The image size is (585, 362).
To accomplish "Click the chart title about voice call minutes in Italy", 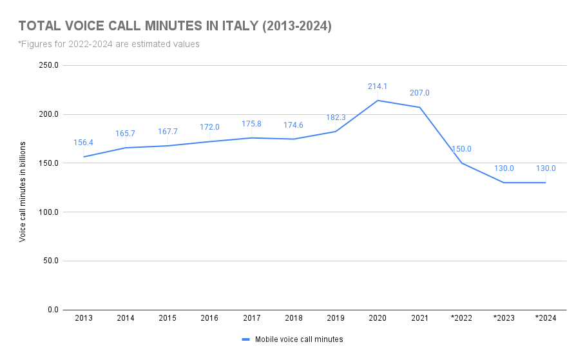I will tap(175, 26).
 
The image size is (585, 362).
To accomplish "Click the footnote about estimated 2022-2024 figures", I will tap(109, 45).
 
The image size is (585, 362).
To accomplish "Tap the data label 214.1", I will tap(378, 86).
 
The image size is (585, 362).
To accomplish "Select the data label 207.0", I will tap(419, 93).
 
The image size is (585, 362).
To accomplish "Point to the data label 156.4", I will tap(84, 143).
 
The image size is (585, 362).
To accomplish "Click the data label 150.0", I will tap(461, 149).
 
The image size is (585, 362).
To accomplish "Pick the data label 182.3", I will tap(336, 117).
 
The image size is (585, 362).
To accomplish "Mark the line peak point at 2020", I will tap(378, 100).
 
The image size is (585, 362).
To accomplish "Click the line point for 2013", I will tap(84, 157).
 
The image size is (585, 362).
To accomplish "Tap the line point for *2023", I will tap(504, 183).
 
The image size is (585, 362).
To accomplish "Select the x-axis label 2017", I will tap(251, 318).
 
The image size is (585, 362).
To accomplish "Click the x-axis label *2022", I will tap(461, 318).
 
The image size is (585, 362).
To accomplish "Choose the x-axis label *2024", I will tap(546, 318).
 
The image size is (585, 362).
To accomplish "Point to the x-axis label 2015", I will tap(168, 318).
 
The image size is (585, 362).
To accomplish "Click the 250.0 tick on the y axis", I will tap(49, 65).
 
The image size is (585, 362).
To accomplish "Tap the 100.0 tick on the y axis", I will tap(49, 212).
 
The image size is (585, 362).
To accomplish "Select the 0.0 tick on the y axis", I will tap(53, 310).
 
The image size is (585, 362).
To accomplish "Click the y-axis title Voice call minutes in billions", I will tap(23, 191).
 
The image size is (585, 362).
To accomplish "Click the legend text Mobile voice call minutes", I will tap(299, 339).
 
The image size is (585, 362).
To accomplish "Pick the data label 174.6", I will tap(293, 125).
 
